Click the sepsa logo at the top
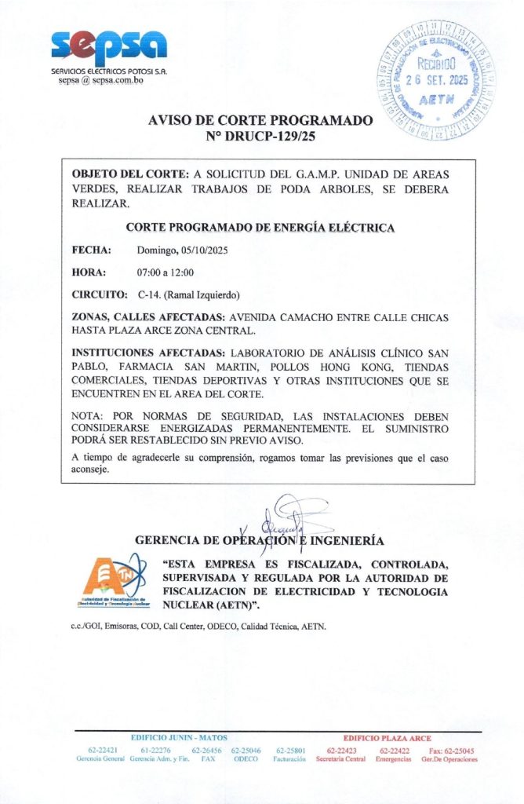(109, 49)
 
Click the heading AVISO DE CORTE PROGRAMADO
(260, 121)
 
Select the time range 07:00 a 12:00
(166, 272)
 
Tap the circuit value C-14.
(149, 295)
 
